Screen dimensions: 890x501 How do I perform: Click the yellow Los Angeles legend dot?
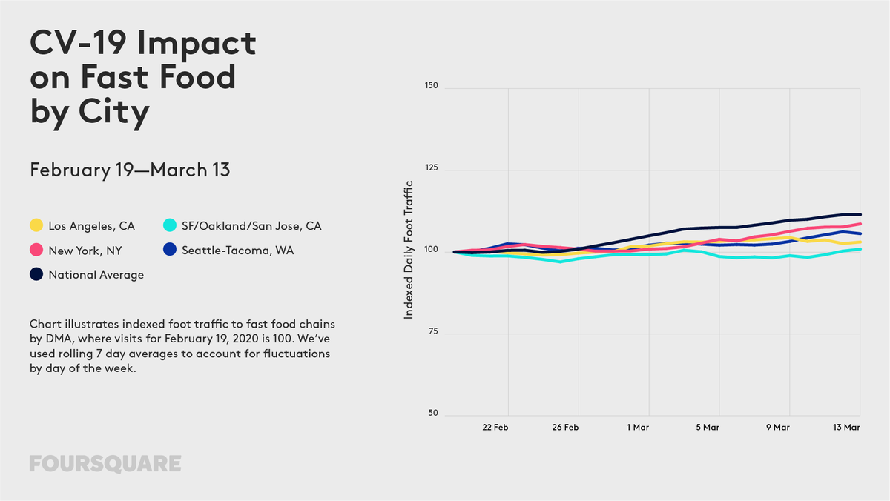[36, 225]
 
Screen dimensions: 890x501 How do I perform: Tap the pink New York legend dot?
[36, 250]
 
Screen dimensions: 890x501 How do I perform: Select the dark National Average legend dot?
[36, 274]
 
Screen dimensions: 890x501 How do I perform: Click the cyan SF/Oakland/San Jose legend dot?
[170, 225]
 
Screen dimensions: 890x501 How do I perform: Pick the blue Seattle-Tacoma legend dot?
[170, 249]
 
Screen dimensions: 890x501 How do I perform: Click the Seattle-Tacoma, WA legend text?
[237, 250]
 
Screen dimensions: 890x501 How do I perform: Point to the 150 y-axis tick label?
[431, 85]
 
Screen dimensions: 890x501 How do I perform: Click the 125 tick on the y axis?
[431, 167]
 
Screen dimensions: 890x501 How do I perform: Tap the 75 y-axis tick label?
[432, 331]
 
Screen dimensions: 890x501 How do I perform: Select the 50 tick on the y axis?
[432, 413]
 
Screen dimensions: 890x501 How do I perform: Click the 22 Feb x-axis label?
[495, 427]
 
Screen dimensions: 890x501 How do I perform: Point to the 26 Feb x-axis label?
[565, 427]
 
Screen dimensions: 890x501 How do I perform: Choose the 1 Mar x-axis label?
[638, 427]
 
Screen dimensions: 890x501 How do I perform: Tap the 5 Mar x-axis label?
[708, 427]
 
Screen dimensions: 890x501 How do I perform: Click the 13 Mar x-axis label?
[846, 427]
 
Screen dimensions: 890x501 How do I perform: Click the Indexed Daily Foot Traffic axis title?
[409, 250]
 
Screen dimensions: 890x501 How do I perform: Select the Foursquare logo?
[105, 464]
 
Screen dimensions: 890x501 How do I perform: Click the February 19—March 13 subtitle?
[130, 170]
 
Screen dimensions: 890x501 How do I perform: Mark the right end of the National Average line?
[860, 215]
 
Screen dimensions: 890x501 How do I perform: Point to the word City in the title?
[114, 112]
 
